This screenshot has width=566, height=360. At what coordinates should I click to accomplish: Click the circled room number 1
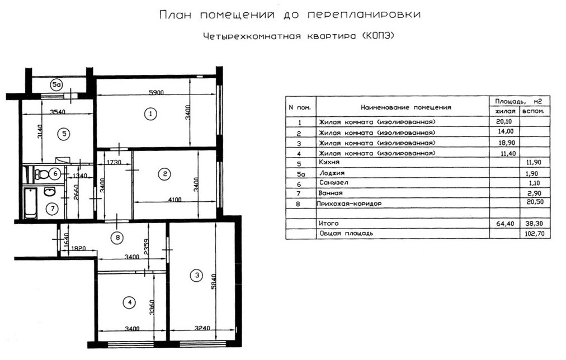(149, 114)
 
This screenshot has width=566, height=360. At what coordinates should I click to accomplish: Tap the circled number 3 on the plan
(196, 274)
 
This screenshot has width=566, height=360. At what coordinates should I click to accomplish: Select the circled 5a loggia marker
(56, 85)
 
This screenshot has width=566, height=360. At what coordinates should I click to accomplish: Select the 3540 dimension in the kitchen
(58, 111)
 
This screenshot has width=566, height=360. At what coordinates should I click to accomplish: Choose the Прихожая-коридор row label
(348, 204)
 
